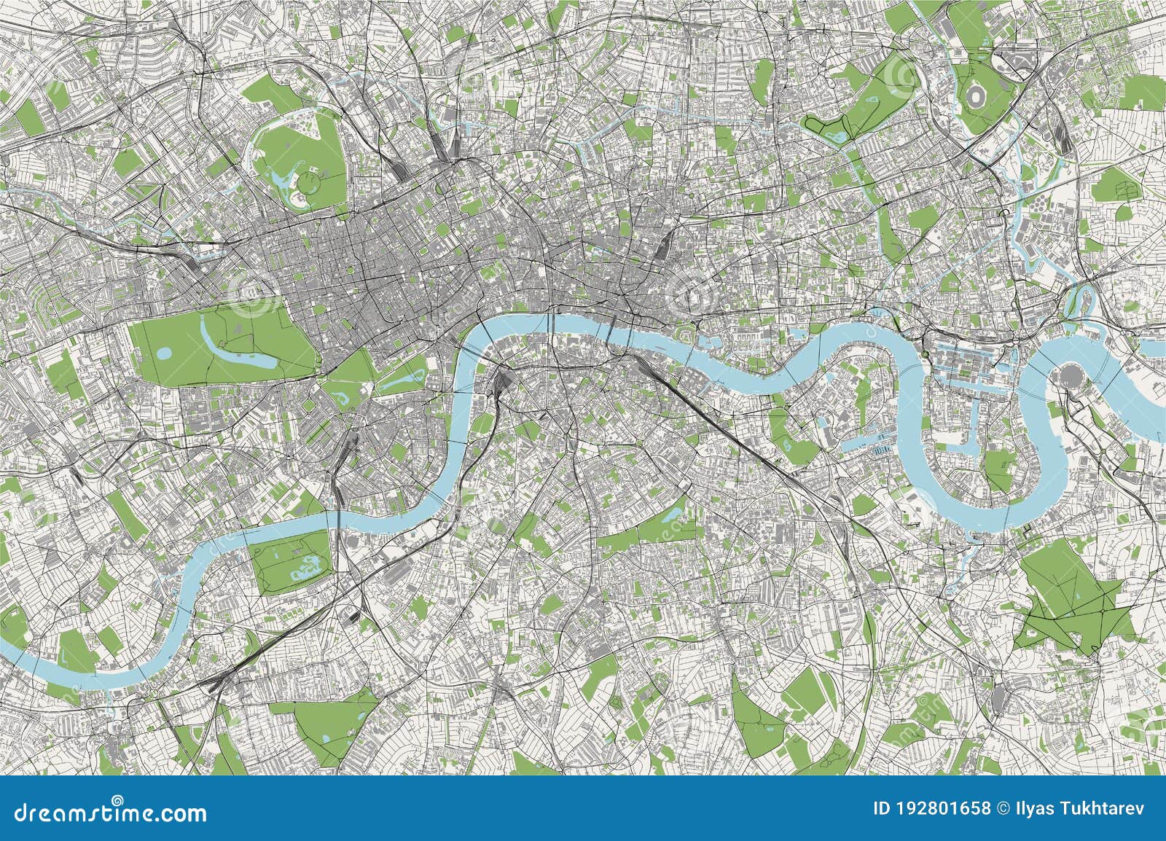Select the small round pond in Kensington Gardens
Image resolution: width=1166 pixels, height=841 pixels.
click(x=165, y=353)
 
